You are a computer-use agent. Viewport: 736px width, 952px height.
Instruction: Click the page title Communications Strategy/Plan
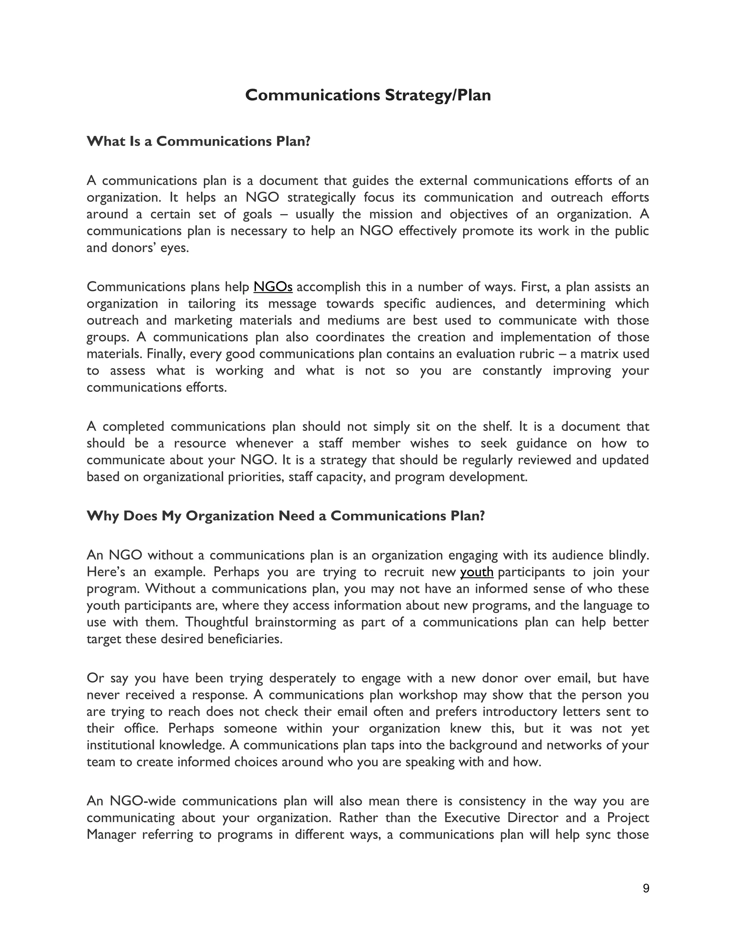pyautogui.click(x=368, y=95)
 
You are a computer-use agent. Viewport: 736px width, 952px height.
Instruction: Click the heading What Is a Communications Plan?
pyautogui.click(x=198, y=141)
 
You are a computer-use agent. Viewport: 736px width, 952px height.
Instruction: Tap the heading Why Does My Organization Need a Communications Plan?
pyautogui.click(x=286, y=516)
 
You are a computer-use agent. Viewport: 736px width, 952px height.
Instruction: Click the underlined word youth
pyautogui.click(x=477, y=572)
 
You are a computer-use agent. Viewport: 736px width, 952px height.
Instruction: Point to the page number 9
pyautogui.click(x=646, y=888)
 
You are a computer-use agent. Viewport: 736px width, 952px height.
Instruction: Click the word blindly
pyautogui.click(x=627, y=555)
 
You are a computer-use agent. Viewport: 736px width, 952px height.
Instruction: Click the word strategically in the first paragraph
pyautogui.click(x=321, y=198)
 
